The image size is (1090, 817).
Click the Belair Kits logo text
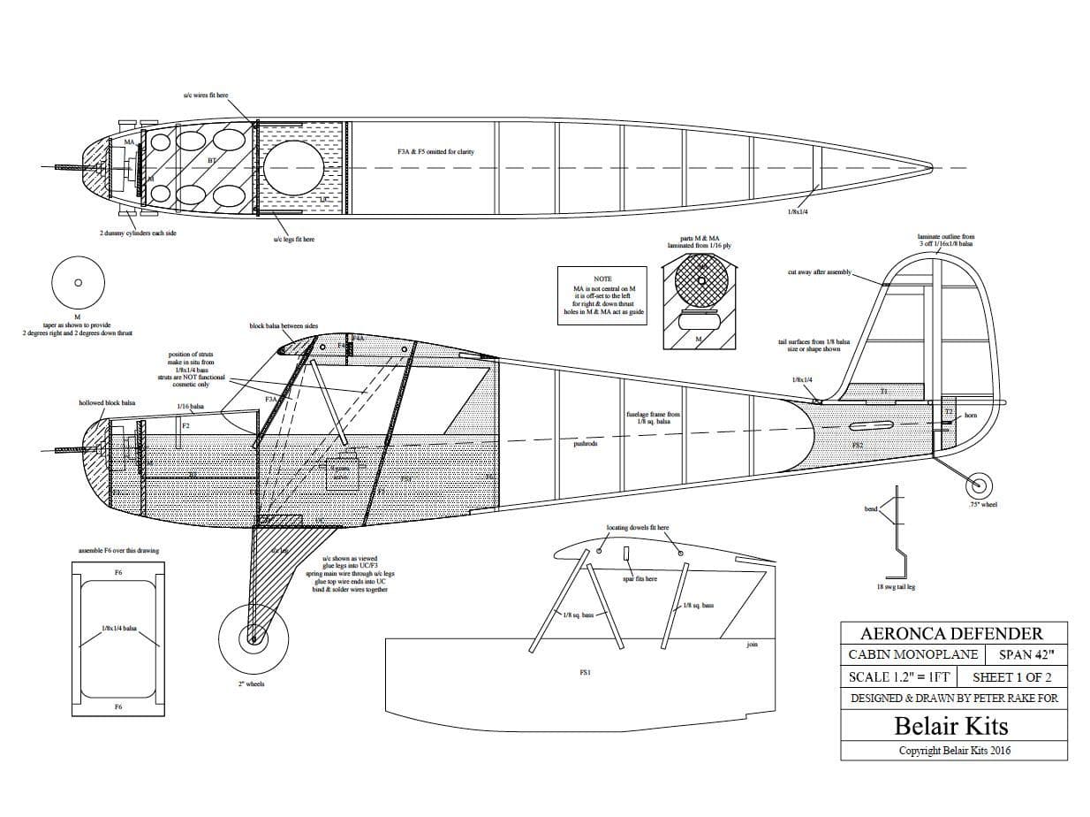tap(951, 726)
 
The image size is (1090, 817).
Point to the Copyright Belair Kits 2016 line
tap(954, 751)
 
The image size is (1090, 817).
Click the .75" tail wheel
tap(979, 484)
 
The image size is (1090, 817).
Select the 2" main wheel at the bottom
tap(253, 636)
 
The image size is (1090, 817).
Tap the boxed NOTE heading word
tap(602, 279)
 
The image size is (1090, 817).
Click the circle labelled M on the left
tap(77, 283)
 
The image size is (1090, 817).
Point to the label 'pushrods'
tap(586, 444)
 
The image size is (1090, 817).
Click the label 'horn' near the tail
tap(971, 415)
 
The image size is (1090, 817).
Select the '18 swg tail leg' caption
tap(896, 586)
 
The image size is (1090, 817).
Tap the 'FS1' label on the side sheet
tap(585, 672)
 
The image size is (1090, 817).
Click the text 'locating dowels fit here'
tap(637, 528)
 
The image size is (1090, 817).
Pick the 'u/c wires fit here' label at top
tap(205, 95)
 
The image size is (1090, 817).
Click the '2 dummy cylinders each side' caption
tap(137, 233)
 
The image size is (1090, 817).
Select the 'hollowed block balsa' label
tap(107, 402)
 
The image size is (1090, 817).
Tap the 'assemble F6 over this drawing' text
tap(118, 551)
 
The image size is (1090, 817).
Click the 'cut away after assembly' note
tap(819, 272)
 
